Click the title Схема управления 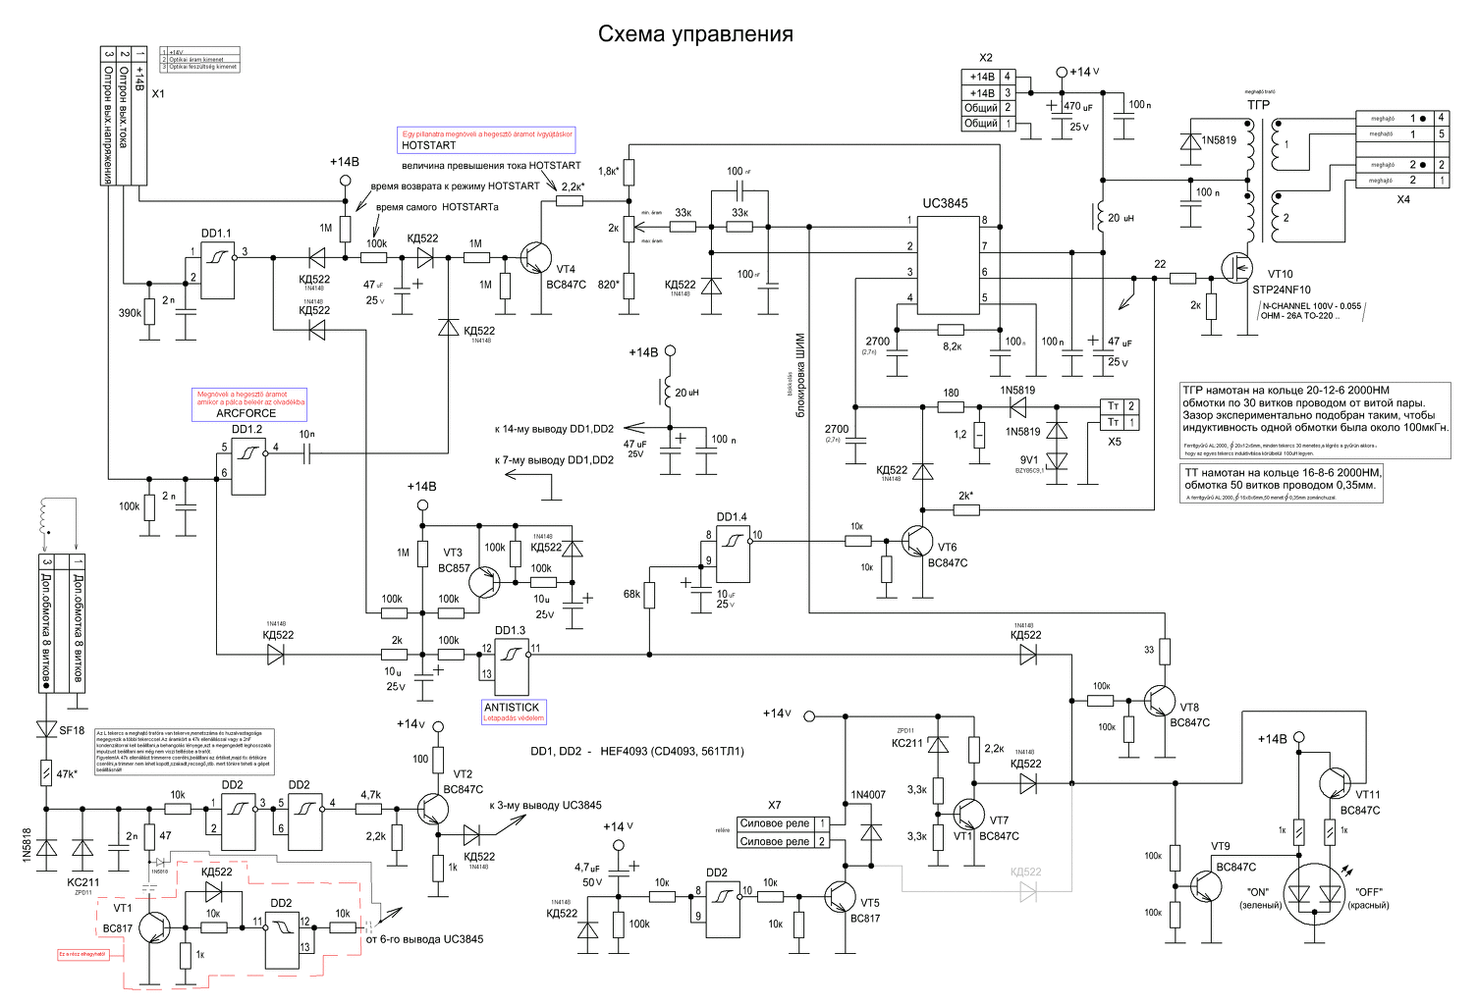tap(695, 34)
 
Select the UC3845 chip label tap(945, 203)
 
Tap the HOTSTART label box tap(429, 145)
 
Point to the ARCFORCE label tap(246, 413)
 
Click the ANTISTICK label tap(512, 707)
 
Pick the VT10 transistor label tap(1281, 275)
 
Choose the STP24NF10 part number tap(1282, 290)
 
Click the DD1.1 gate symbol tap(218, 271)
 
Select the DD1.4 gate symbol tap(733, 555)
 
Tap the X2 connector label tap(986, 58)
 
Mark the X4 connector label tap(1403, 199)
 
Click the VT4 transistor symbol tap(535, 258)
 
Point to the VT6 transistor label tap(947, 548)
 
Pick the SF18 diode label tap(72, 730)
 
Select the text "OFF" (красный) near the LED tap(1369, 892)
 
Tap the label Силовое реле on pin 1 tap(775, 823)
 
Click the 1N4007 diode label tap(868, 795)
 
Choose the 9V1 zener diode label tap(1028, 459)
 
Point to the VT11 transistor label tap(1368, 795)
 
